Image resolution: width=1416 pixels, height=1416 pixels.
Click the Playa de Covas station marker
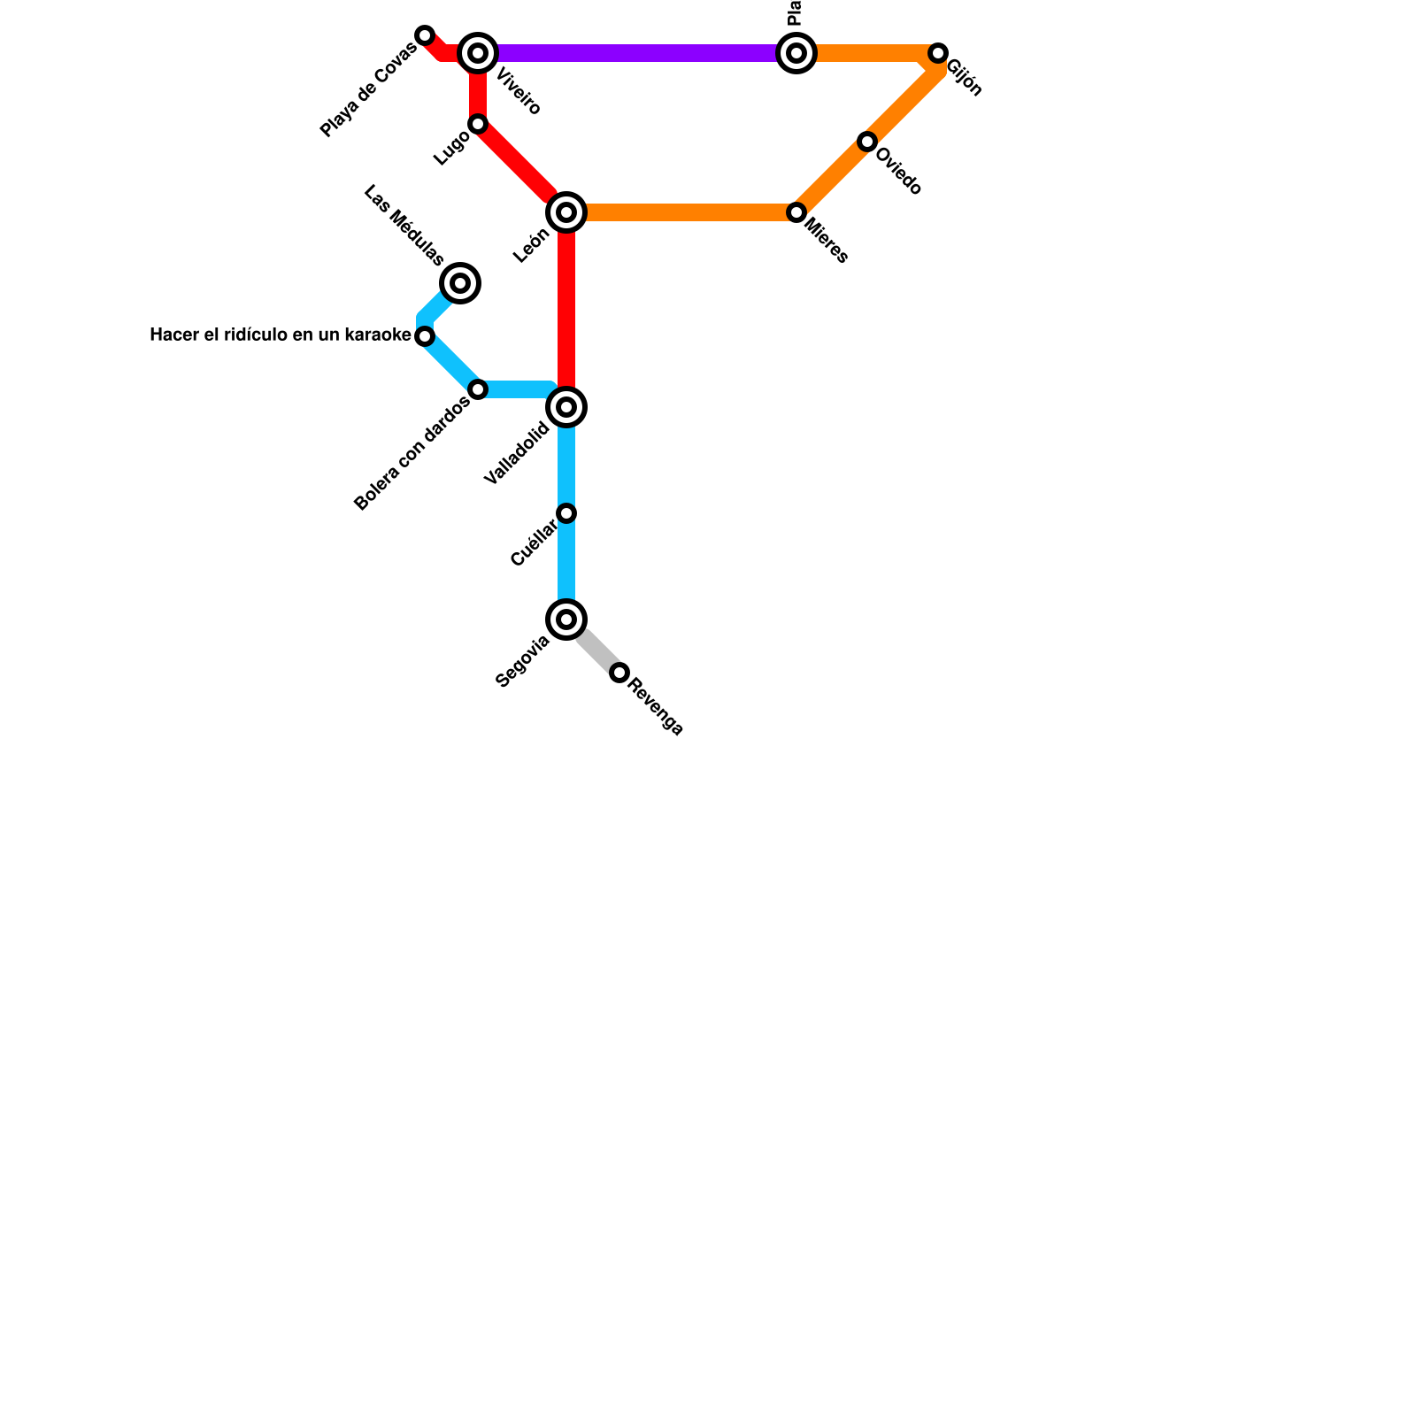[425, 35]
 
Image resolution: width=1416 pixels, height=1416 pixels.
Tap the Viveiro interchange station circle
[478, 53]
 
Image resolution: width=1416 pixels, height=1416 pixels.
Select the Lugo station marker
[478, 124]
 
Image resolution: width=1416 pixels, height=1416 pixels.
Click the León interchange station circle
[566, 212]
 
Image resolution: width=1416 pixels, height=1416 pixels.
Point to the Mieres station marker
[796, 212]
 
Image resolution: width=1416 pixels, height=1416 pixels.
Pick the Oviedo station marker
[867, 142]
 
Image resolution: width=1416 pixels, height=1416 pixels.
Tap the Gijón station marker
[938, 53]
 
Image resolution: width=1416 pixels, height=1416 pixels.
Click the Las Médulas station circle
[460, 283]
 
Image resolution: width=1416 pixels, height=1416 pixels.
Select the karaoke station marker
[425, 336]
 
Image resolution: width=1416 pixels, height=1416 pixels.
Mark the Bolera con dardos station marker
[478, 389]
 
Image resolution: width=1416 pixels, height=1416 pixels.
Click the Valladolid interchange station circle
[566, 407]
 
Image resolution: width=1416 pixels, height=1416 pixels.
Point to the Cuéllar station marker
[566, 513]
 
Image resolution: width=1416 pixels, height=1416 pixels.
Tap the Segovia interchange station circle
[566, 619]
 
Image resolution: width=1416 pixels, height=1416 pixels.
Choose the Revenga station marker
[619, 673]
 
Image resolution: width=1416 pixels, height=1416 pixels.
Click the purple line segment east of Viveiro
[637, 53]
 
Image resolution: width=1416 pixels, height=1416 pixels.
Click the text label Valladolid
[518, 454]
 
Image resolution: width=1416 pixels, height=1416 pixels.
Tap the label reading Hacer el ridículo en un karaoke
[281, 335]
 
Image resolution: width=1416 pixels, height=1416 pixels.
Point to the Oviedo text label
[898, 171]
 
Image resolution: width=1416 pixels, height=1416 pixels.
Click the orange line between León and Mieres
[681, 212]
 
